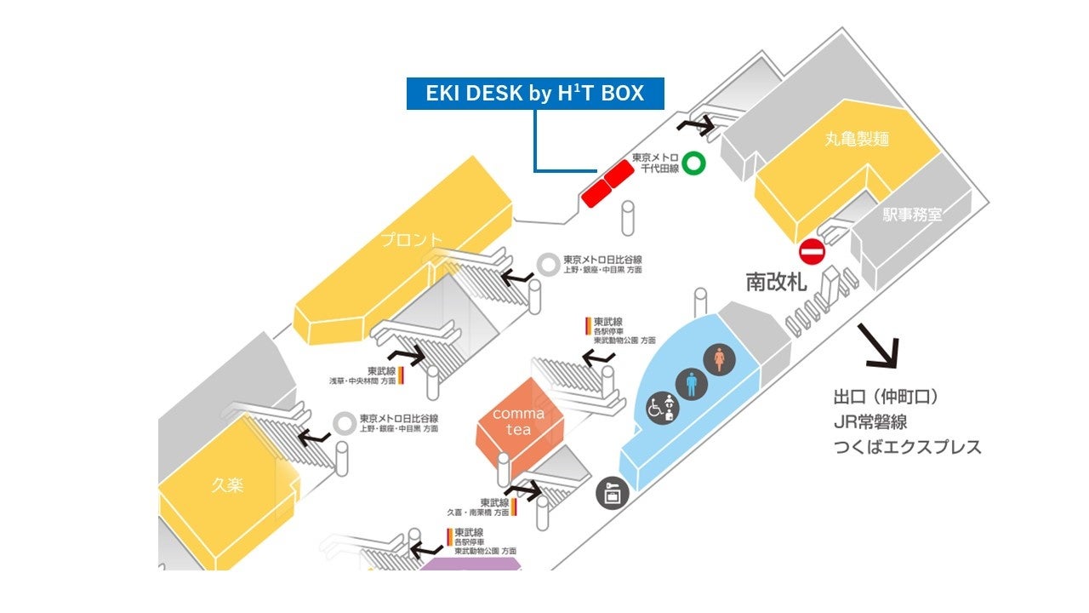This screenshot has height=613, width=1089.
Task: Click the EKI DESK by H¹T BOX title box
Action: [x=534, y=94]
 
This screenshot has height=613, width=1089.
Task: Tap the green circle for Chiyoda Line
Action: [x=696, y=163]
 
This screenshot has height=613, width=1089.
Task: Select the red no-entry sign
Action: [x=812, y=251]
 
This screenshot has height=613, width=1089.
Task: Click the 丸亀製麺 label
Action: [x=857, y=139]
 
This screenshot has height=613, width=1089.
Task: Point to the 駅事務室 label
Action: [x=912, y=215]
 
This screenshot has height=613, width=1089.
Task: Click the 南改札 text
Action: [x=776, y=283]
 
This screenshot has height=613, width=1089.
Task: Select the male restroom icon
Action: [x=692, y=383]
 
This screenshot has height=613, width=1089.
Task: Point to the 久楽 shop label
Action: [x=227, y=486]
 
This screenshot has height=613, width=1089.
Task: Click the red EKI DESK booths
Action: [x=607, y=183]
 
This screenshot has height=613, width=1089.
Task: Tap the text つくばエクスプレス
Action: [x=907, y=447]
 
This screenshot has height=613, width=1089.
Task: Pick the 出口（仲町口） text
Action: [x=886, y=398]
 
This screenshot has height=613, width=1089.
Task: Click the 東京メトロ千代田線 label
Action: [x=655, y=163]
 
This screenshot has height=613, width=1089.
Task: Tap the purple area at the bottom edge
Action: [x=470, y=563]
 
